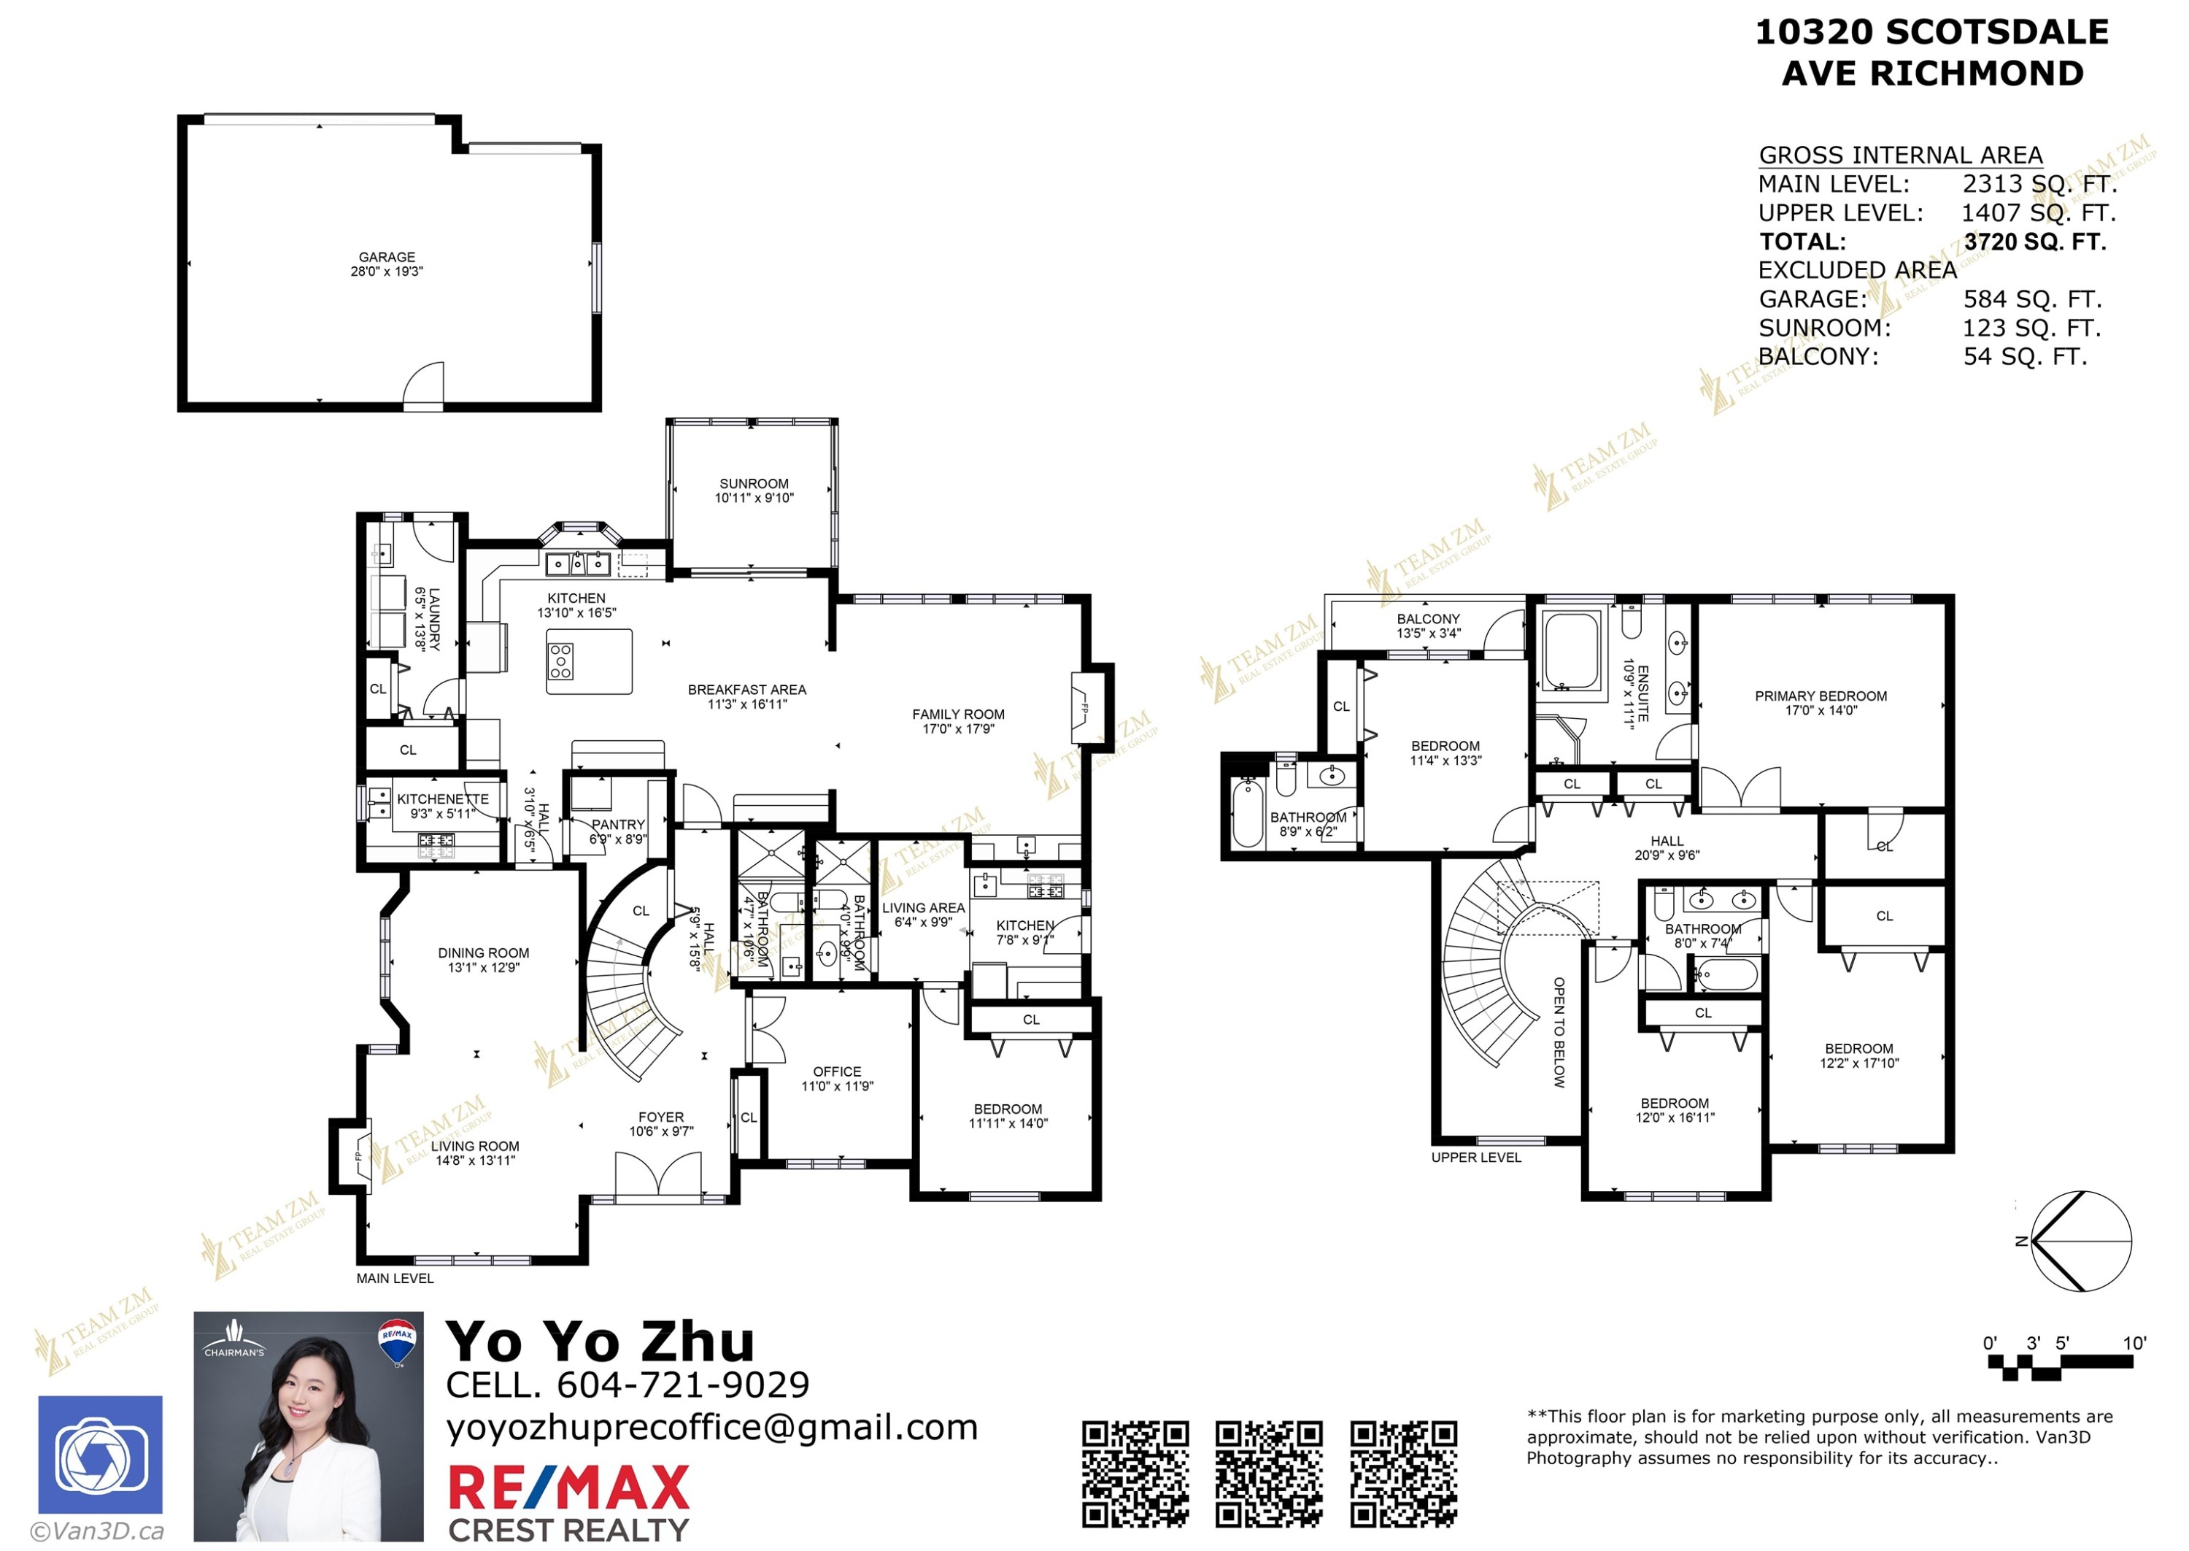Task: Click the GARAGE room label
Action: pyautogui.click(x=387, y=257)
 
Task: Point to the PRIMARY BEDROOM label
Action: pyautogui.click(x=1820, y=696)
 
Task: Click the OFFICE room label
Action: pyautogui.click(x=836, y=1071)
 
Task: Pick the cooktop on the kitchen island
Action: pyautogui.click(x=560, y=660)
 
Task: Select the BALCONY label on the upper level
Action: pyautogui.click(x=1427, y=619)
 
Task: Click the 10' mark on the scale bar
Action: pyautogui.click(x=2134, y=1344)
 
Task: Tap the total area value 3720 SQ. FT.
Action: pyautogui.click(x=2034, y=242)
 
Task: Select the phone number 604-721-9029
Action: pyautogui.click(x=682, y=1384)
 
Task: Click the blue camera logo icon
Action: pyautogui.click(x=100, y=1455)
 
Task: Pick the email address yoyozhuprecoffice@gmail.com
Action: pyautogui.click(x=712, y=1427)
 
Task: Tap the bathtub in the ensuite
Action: pyautogui.click(x=1570, y=650)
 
